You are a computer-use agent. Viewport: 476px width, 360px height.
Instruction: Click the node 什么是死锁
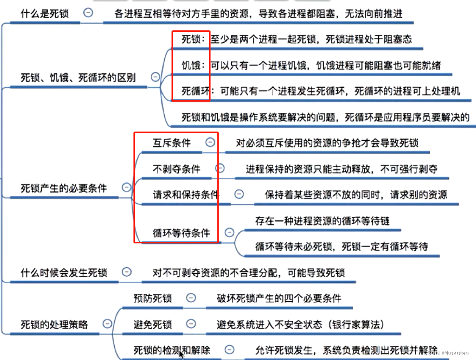point(44,13)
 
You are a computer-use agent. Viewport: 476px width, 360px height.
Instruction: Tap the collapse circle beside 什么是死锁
point(88,13)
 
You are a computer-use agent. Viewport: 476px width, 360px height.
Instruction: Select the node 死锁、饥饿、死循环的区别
point(78,78)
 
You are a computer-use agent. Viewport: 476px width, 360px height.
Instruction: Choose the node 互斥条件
point(172,143)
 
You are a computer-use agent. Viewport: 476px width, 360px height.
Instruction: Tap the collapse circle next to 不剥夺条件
point(220,168)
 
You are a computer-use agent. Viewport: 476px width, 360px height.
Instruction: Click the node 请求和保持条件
point(186,194)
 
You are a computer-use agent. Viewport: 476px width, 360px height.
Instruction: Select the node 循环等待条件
point(181,233)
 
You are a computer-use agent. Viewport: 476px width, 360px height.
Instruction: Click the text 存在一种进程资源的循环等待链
point(322,221)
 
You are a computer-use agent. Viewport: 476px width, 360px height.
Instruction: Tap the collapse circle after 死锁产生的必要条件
point(126,187)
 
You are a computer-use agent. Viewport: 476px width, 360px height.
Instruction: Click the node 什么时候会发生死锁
point(64,273)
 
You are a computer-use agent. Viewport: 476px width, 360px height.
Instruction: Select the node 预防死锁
point(152,298)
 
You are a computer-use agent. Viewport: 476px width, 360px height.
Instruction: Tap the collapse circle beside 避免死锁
point(191,323)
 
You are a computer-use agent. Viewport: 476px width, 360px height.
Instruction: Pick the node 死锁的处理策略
point(54,324)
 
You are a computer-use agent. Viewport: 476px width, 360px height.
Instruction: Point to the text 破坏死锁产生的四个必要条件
point(279,298)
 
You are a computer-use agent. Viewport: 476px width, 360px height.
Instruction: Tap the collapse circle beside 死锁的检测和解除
point(230,349)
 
